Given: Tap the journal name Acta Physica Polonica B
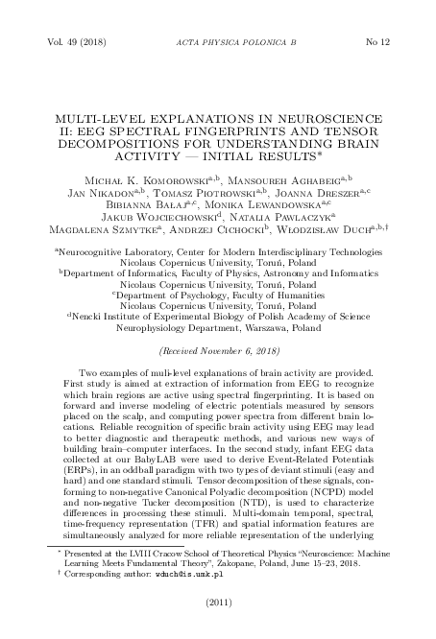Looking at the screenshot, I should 217,43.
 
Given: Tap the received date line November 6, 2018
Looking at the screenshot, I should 217,352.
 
